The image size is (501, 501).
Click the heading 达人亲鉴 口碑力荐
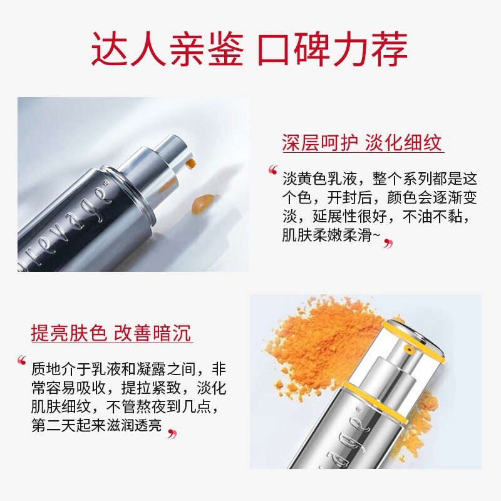[250, 49]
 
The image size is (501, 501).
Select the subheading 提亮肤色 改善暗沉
[111, 333]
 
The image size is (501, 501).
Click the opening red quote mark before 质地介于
[23, 361]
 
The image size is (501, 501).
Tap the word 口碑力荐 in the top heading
[332, 49]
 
